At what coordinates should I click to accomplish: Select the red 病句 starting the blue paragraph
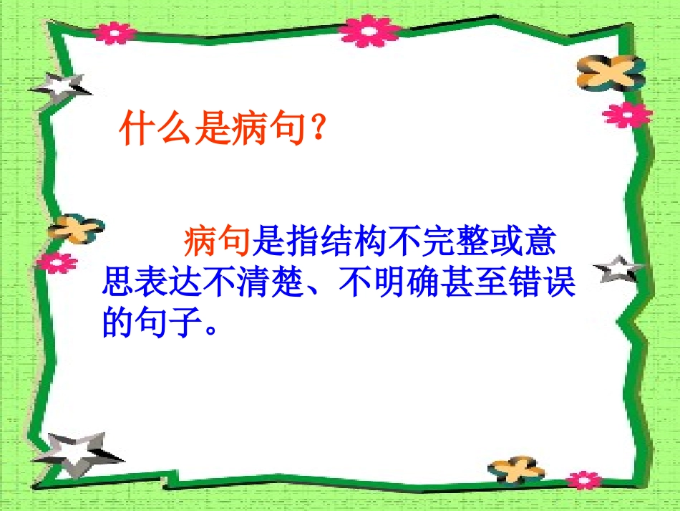[x=216, y=242]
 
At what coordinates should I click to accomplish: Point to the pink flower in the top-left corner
[x=115, y=32]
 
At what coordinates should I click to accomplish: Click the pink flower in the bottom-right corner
[x=584, y=480]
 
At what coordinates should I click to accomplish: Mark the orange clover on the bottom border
[x=517, y=470]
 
